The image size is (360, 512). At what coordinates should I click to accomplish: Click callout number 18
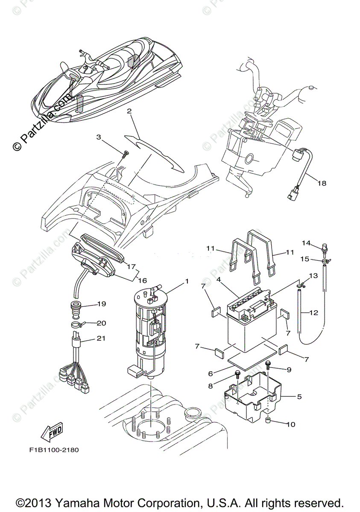coord(322,183)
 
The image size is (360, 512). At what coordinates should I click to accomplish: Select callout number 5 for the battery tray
coord(299,396)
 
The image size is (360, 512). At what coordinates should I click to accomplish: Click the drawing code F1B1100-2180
coord(54,450)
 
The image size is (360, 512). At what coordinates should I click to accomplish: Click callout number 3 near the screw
coord(99,137)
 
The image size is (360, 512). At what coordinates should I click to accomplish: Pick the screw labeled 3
coord(124,154)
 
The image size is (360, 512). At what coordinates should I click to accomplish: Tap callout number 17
coord(131,265)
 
